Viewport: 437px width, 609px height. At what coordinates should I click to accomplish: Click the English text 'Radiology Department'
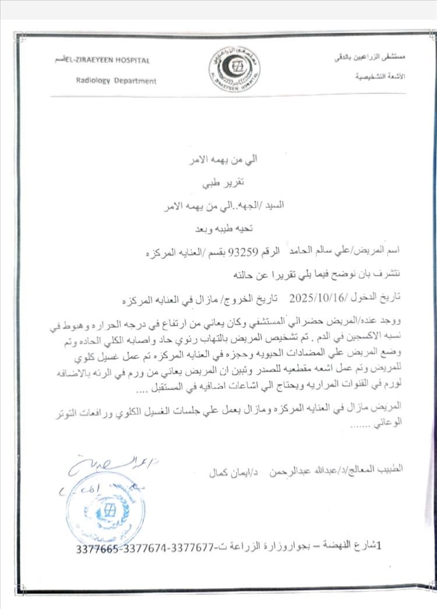[x=116, y=81]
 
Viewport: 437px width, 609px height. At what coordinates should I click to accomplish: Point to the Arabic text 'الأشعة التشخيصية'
[x=380, y=76]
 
